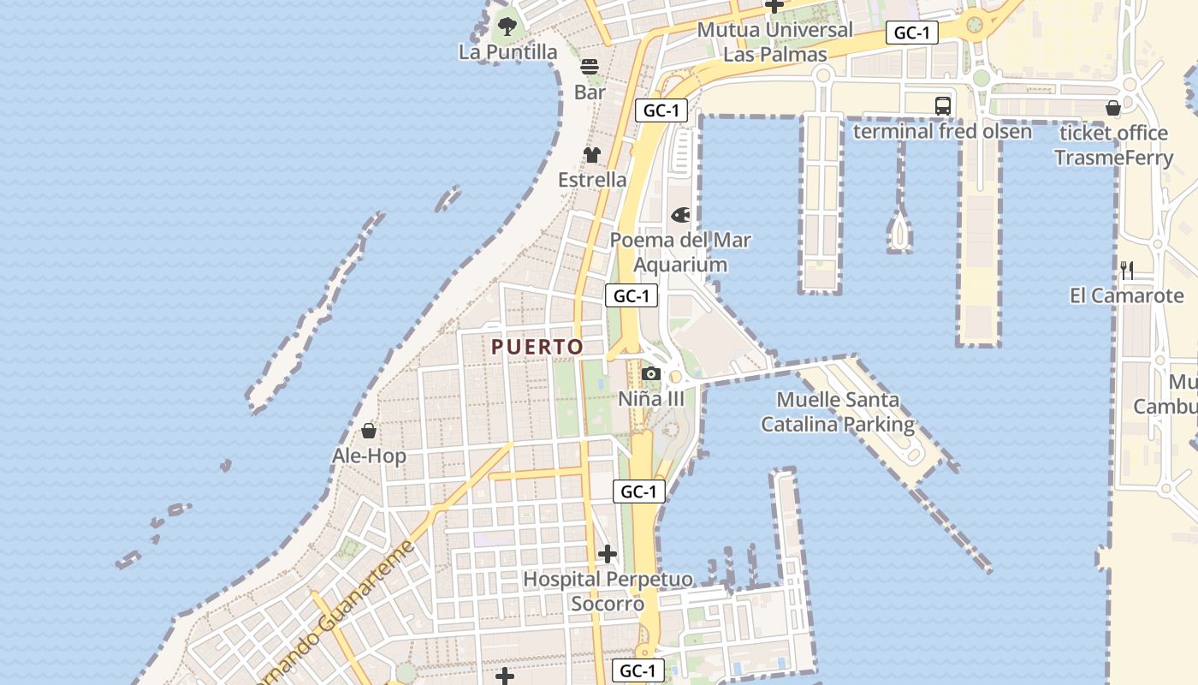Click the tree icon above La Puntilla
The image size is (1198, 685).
pyautogui.click(x=507, y=26)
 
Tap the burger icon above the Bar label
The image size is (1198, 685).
pyautogui.click(x=590, y=67)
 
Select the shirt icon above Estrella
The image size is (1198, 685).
pyautogui.click(x=592, y=155)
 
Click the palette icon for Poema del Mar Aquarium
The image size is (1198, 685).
pyautogui.click(x=681, y=214)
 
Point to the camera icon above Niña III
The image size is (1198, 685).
pyautogui.click(x=651, y=373)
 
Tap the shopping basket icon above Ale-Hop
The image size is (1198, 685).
pyautogui.click(x=369, y=430)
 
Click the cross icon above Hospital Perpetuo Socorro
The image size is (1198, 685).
pyautogui.click(x=608, y=554)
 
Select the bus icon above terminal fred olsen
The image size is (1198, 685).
pyautogui.click(x=943, y=106)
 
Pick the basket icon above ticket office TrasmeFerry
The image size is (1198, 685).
pyautogui.click(x=1113, y=108)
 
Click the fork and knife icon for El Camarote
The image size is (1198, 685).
pyautogui.click(x=1127, y=271)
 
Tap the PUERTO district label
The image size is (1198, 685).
pyautogui.click(x=537, y=347)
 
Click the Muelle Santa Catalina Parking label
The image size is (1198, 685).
pyautogui.click(x=838, y=412)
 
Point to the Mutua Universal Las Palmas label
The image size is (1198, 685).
pyautogui.click(x=775, y=42)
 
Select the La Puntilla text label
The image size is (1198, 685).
pyautogui.click(x=507, y=52)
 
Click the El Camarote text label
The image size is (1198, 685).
pyautogui.click(x=1127, y=296)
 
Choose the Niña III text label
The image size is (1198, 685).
pyautogui.click(x=651, y=399)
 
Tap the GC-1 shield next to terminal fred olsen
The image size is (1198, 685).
pyautogui.click(x=912, y=33)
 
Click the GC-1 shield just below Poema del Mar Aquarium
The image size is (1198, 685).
pyautogui.click(x=632, y=296)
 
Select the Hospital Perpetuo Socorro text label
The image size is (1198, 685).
pyautogui.click(x=608, y=592)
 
